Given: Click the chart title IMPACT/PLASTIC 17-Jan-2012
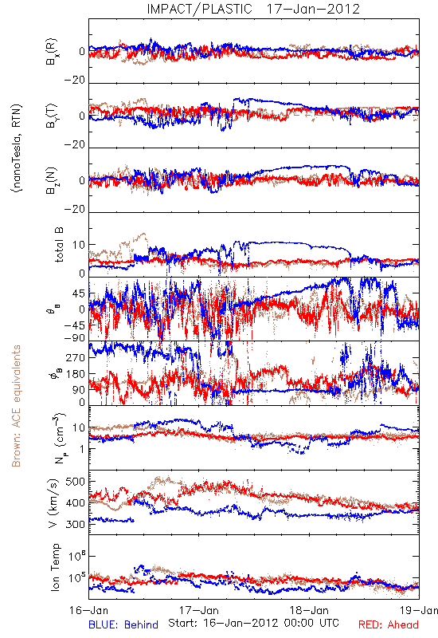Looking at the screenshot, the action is [x=253, y=9].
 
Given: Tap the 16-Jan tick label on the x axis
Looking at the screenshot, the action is [x=88, y=610].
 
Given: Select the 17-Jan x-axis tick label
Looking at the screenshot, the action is [x=199, y=610].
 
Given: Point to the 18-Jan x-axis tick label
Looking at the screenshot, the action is [x=309, y=610].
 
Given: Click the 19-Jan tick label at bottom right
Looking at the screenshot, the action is [x=419, y=610].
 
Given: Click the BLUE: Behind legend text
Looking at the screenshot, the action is [x=123, y=624].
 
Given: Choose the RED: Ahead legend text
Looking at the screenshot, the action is [x=388, y=624].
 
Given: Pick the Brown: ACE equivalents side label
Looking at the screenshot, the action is [x=16, y=406].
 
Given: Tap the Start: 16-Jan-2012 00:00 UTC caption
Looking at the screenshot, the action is [x=253, y=623].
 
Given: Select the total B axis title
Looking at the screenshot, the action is [x=58, y=245].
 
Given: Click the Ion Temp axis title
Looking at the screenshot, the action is [x=55, y=567].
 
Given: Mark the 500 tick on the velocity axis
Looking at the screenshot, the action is [x=76, y=482].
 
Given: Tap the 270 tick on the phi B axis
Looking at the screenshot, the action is [x=76, y=357].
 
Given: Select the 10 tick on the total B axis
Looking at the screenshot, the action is [x=79, y=245].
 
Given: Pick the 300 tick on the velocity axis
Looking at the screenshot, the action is [x=76, y=524].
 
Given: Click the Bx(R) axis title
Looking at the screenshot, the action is [x=52, y=52].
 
